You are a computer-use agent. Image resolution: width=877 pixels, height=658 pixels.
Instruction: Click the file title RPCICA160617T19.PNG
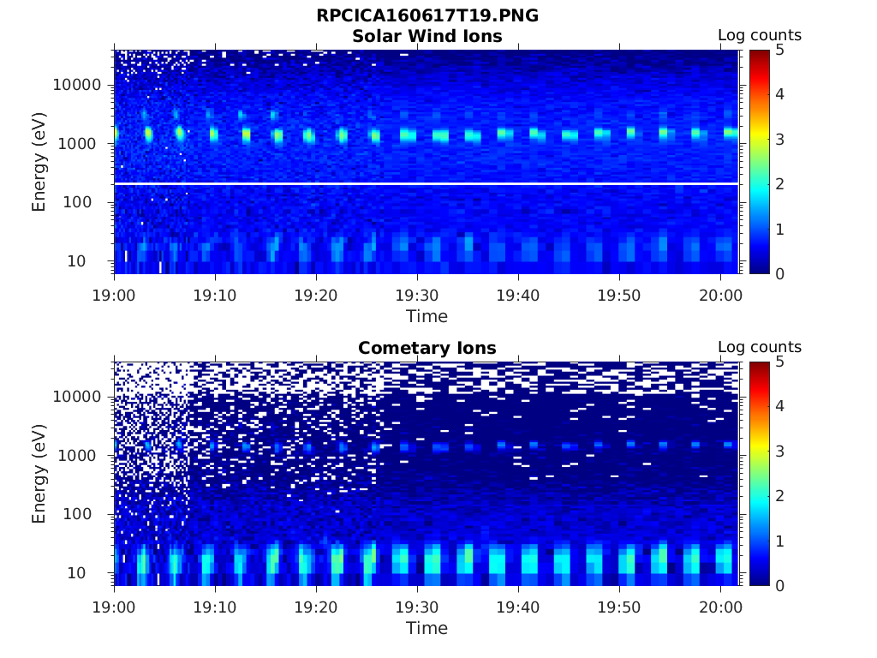click(427, 16)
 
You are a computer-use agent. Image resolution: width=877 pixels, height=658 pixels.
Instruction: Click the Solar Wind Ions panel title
click(427, 36)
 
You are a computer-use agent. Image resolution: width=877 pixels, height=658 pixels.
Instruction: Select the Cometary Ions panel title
click(427, 348)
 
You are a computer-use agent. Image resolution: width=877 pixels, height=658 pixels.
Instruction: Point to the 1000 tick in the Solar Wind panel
click(82, 144)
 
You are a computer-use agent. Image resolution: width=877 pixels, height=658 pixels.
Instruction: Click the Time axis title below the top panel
click(427, 316)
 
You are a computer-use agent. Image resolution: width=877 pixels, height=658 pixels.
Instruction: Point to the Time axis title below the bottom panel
click(427, 628)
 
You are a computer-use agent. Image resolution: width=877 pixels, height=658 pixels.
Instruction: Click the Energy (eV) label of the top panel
click(39, 161)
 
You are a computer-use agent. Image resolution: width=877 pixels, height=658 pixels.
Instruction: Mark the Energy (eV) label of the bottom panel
click(39, 473)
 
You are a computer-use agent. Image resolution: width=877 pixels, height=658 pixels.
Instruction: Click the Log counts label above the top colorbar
click(759, 36)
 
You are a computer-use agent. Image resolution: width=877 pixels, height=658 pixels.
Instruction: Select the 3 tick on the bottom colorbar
click(780, 451)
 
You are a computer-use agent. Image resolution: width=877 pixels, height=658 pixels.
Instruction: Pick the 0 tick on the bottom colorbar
click(780, 585)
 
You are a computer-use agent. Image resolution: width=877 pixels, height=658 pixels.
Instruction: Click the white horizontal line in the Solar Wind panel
click(427, 183)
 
